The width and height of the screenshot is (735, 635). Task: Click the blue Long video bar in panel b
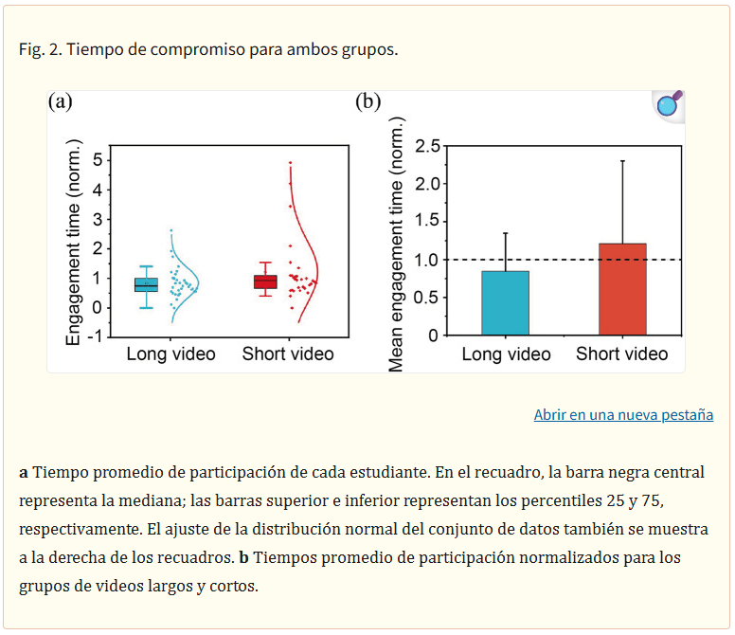tap(505, 303)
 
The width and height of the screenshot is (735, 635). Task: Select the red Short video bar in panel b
tap(622, 289)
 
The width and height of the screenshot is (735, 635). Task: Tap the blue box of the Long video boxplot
tap(146, 285)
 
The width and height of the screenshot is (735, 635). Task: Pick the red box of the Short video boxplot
tap(265, 281)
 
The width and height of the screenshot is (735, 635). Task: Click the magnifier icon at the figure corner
tap(669, 105)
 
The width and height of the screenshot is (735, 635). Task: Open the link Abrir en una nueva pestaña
tap(623, 414)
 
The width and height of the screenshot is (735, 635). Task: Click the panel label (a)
tap(61, 102)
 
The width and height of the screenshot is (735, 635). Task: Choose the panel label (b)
tap(367, 102)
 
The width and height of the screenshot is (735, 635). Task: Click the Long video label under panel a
tap(170, 354)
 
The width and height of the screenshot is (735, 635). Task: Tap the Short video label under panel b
tap(622, 354)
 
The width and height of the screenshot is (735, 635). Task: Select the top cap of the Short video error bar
tap(622, 160)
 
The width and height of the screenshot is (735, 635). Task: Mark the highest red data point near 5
tap(291, 163)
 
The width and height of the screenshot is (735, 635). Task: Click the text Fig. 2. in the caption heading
tap(39, 49)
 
